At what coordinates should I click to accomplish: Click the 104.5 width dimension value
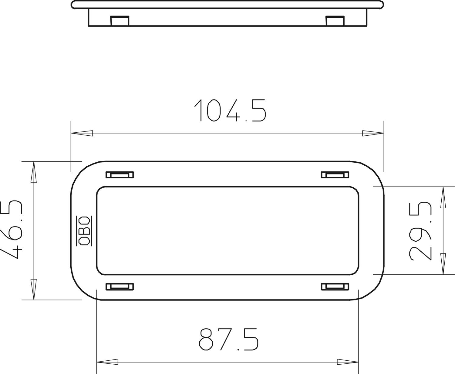point(230,110)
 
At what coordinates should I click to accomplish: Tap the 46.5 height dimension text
point(12,230)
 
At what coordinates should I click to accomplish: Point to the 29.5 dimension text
point(420,231)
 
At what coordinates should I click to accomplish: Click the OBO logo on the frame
point(84,231)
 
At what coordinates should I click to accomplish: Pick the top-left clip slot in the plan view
point(120,175)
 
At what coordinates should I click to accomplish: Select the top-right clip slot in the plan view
point(335,175)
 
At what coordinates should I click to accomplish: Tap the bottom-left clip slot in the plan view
point(120,287)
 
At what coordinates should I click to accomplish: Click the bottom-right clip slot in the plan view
point(335,287)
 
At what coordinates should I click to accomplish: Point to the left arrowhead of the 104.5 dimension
point(82,133)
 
